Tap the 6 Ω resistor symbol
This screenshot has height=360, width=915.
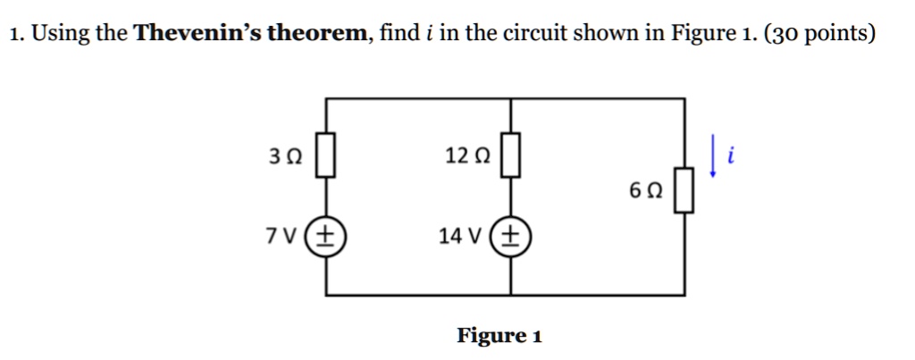pos(684,195)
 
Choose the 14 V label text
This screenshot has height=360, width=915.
pos(460,237)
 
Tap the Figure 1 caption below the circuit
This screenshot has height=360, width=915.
pos(499,336)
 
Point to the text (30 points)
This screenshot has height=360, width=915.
pos(820,35)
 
